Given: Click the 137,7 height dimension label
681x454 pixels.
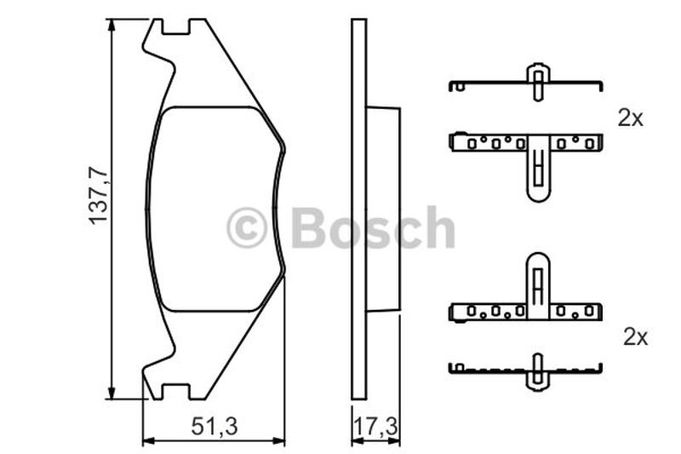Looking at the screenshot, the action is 98,196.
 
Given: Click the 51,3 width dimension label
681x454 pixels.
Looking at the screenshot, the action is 215,427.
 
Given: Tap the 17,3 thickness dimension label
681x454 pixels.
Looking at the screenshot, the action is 376,427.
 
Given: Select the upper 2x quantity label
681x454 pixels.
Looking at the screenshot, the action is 630,118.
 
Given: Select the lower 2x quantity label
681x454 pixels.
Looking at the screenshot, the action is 635,337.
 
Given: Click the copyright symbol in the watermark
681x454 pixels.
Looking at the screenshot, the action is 246,227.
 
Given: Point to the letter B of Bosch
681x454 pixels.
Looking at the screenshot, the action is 310,227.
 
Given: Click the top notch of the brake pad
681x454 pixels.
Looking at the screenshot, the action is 176,27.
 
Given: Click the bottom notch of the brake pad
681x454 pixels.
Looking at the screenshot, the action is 176,391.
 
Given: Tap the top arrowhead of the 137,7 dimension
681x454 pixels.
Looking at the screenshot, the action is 112,26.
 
